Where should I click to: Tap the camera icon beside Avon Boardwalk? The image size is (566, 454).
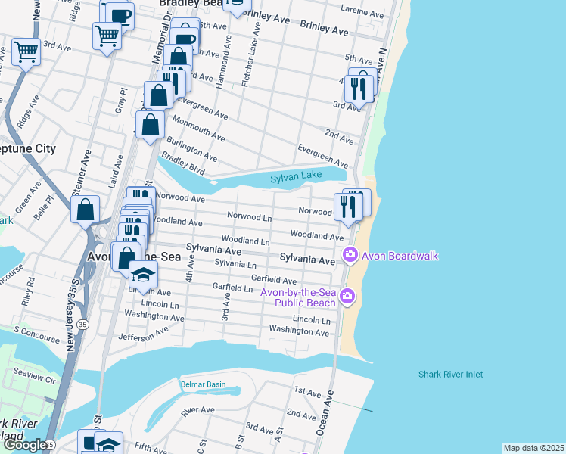coord(350,256)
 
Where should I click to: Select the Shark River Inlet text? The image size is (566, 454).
coord(450,374)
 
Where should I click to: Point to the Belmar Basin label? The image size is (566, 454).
coord(203,384)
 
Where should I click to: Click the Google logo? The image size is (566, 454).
coord(24,445)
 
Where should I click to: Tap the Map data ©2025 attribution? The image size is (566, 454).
coord(533,448)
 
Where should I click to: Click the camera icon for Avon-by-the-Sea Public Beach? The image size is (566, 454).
coord(347,296)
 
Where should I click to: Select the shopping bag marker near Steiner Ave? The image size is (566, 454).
coord(86,208)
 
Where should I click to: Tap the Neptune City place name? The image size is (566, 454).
coord(27,148)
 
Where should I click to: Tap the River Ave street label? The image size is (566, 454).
coord(198,409)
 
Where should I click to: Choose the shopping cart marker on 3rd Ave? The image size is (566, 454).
coord(26,53)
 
